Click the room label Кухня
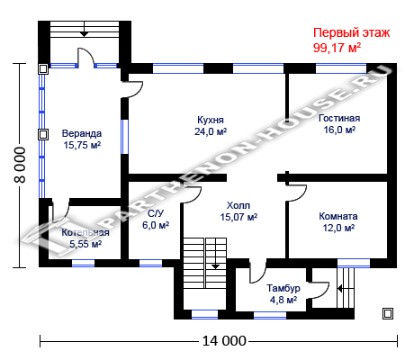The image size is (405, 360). click(211, 120)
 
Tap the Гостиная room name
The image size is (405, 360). click(339, 118)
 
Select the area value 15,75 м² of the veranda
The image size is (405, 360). click(82, 145)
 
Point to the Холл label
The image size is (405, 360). click(238, 205)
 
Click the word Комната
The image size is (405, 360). click(338, 216)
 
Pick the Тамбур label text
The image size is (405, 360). click(283, 288)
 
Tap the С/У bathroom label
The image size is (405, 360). click(156, 213)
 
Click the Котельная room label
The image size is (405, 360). click(85, 232)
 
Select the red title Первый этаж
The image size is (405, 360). click(352, 32)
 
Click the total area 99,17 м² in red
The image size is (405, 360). click(337, 48)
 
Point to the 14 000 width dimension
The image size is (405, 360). click(224, 341)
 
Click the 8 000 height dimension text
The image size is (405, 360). click(21, 165)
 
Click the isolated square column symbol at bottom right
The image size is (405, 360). click(388, 314)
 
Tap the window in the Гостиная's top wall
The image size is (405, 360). click(341, 68)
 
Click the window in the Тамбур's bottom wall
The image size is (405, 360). click(270, 315)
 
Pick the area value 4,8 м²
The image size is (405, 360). click(283, 300)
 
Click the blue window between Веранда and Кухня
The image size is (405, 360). click(124, 137)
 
